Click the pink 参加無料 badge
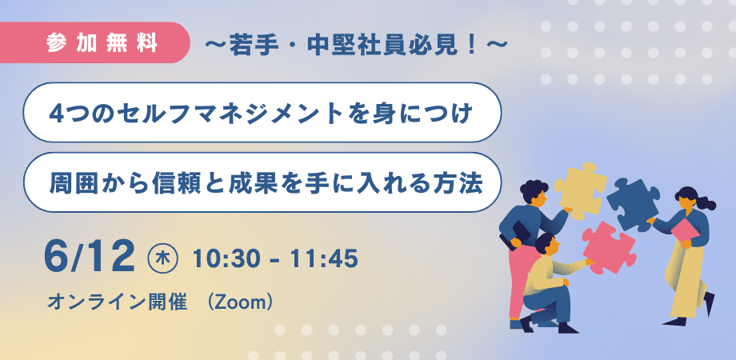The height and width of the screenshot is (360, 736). click(94, 42)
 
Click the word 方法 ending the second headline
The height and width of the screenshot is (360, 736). click(463, 183)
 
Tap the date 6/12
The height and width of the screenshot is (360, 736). click(89, 258)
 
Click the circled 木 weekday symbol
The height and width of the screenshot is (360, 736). click(163, 259)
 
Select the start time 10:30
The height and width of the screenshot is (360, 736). click(227, 259)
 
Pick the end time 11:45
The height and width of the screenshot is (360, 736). click(323, 259)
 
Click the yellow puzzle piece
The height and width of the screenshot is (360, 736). click(580, 189)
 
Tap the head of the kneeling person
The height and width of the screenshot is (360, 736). click(546, 245)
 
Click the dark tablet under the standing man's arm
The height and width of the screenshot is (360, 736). click(515, 234)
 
